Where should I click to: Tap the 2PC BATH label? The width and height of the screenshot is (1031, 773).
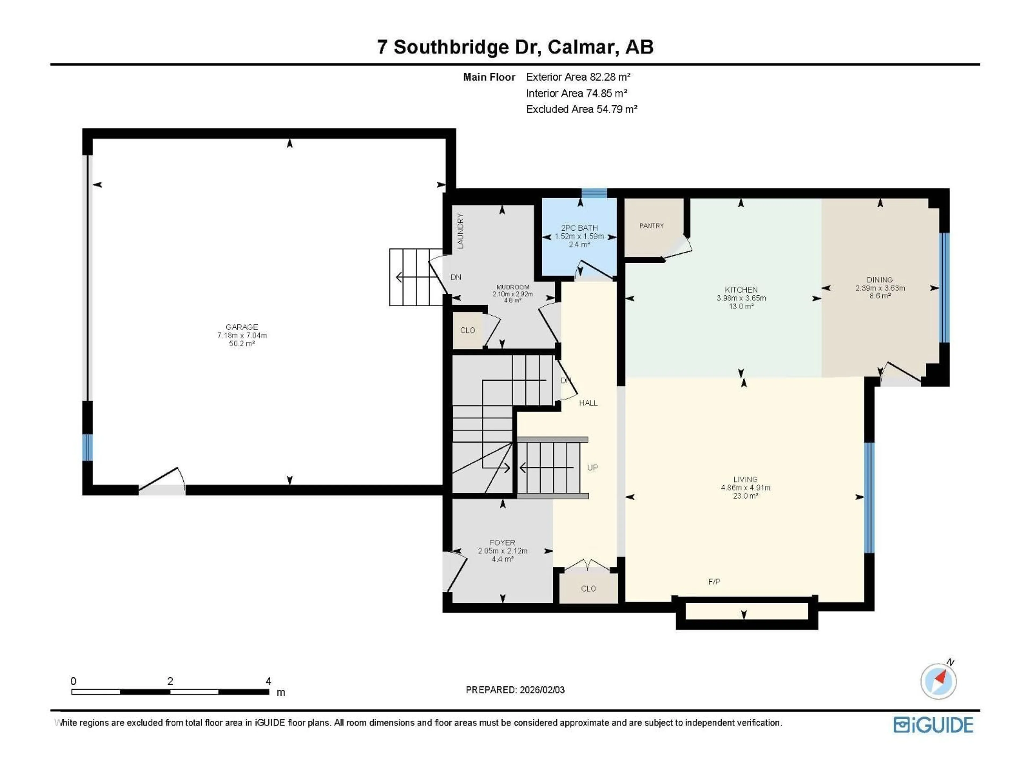point(579,228)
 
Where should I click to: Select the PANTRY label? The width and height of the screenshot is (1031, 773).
point(651,225)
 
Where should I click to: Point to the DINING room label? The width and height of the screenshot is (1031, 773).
point(880,280)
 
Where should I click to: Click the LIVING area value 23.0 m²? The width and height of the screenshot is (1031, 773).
point(745,496)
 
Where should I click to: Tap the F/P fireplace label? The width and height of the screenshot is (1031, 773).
point(714,582)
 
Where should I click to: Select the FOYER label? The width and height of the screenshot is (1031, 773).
point(502,542)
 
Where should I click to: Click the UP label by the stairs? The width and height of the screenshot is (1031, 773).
point(592,467)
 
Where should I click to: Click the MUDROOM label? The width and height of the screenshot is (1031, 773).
point(513,287)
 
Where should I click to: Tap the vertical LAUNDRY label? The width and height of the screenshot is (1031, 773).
point(460,231)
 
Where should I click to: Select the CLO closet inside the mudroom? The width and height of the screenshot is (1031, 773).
point(467,330)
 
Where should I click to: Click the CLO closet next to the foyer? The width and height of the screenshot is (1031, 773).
point(588,589)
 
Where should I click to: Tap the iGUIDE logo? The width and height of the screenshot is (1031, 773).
point(933,725)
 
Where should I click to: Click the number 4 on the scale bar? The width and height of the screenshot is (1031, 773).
point(268,681)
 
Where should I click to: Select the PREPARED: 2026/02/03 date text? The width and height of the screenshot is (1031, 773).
point(515,690)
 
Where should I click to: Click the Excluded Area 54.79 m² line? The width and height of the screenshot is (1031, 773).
point(581,109)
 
